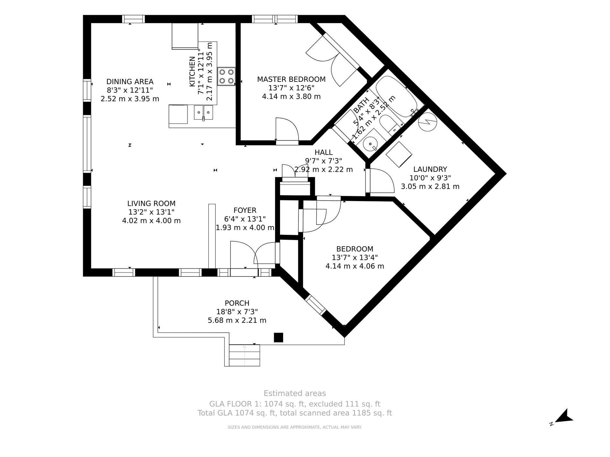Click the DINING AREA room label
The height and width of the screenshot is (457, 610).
coord(130,82)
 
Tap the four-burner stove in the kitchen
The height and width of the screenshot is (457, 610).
coord(226,76)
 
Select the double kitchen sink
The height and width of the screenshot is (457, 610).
coord(204,113)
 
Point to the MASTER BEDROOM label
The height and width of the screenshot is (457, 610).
coord(291,79)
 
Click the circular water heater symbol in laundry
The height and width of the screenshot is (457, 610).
coord(428,122)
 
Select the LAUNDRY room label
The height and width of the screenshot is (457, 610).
coord(430,169)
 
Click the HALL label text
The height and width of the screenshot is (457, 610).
coord(324,152)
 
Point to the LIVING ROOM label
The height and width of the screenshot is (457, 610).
coord(152,203)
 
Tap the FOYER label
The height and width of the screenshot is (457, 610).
coord(245,210)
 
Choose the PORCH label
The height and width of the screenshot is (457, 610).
coord(237,303)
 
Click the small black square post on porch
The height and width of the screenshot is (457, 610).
coord(278,338)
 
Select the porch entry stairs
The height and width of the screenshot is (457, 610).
coord(244,355)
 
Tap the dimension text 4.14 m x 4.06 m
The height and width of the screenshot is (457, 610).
coord(355,266)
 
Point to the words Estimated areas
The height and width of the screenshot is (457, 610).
coord(295,393)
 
